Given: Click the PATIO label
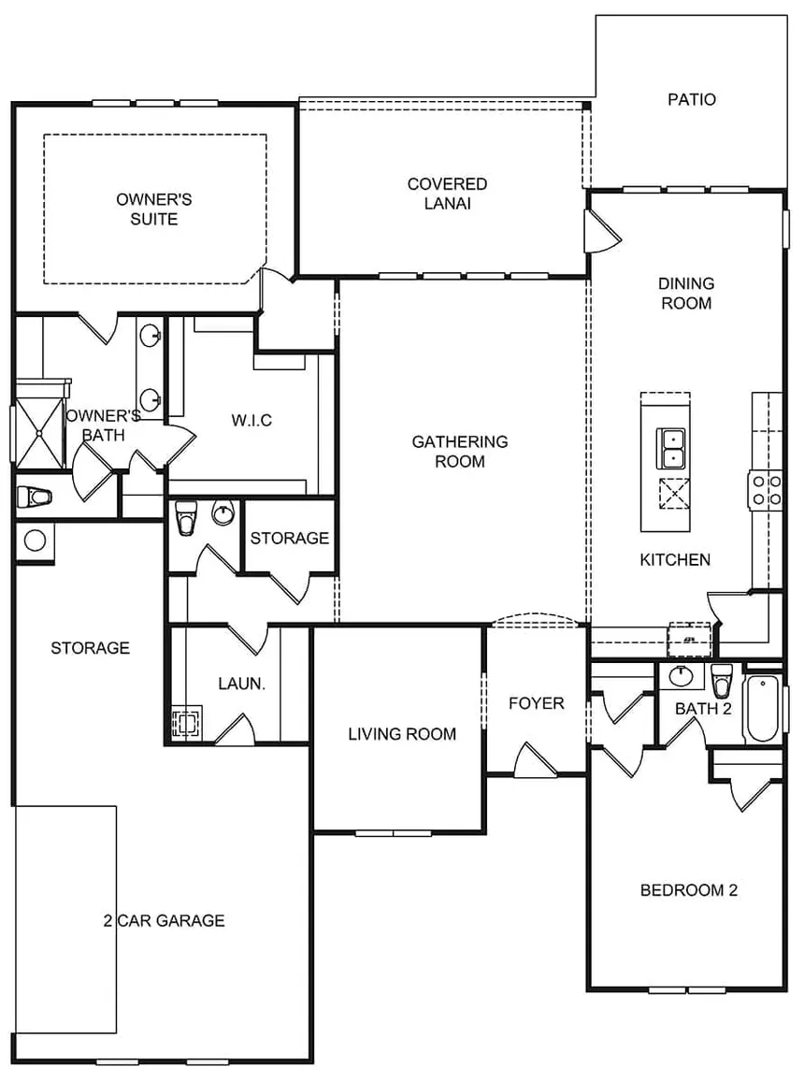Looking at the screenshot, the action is click(x=692, y=99).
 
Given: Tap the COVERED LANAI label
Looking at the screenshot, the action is click(x=447, y=194).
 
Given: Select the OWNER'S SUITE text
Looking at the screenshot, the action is click(x=153, y=209).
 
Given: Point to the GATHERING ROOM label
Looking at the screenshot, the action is click(x=460, y=452).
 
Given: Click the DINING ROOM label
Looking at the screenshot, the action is click(x=686, y=293).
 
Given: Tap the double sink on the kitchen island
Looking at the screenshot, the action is click(x=670, y=448).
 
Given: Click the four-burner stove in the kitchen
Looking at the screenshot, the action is click(x=766, y=489).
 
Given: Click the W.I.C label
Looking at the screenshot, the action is click(x=251, y=420).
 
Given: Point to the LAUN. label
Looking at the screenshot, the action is click(x=241, y=684).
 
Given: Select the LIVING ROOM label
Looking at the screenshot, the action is click(x=402, y=734).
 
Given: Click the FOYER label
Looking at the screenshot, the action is click(x=536, y=703).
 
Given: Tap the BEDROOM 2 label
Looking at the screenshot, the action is click(x=689, y=890).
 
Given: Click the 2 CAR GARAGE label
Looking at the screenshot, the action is click(x=164, y=920).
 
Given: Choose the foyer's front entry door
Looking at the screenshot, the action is click(x=536, y=760).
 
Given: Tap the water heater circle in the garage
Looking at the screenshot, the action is click(x=35, y=540).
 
